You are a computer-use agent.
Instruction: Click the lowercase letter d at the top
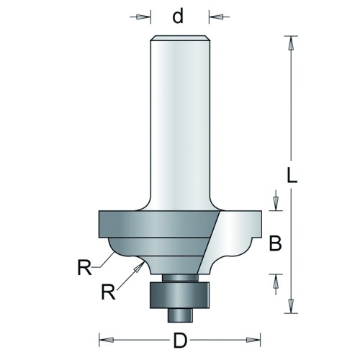178,16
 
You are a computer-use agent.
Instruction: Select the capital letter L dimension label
292,175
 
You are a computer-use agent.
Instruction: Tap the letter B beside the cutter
275,243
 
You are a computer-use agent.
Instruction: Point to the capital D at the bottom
180,341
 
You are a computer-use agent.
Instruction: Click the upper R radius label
84,267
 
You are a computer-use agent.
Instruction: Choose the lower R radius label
109,292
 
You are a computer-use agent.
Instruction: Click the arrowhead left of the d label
142,17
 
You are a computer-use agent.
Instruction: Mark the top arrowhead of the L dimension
291,44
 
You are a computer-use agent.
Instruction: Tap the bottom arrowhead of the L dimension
291,305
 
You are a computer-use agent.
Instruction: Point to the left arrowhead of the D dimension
107,340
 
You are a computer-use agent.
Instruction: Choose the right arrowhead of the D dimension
253,340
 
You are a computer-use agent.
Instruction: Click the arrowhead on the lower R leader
139,267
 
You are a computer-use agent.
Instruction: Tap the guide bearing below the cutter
180,295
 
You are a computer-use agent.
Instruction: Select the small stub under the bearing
180,315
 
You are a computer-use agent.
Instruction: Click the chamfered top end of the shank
180,38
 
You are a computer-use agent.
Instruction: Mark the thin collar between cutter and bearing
180,278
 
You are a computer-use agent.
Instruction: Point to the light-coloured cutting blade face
230,243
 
